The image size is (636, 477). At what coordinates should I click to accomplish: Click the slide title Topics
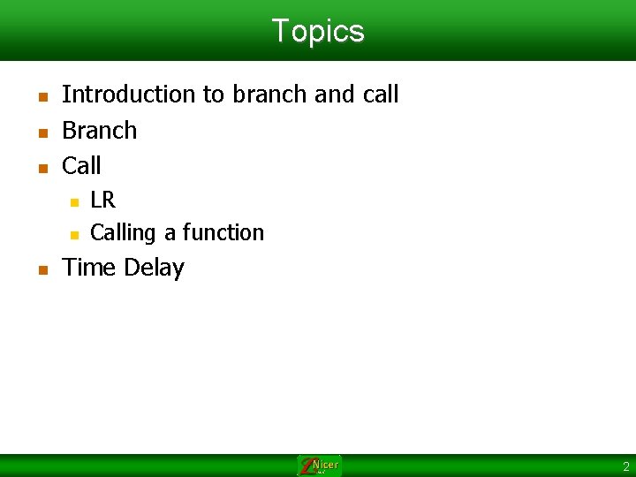click(318, 31)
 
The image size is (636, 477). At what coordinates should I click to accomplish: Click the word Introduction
click(129, 95)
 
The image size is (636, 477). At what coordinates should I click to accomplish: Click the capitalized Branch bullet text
click(99, 130)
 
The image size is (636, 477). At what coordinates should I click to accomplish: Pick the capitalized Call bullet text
click(81, 165)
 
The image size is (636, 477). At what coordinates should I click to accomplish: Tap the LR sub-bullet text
click(103, 200)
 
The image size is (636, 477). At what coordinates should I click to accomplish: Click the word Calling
click(123, 233)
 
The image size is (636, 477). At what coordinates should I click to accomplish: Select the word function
click(223, 232)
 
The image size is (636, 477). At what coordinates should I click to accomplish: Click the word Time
click(88, 268)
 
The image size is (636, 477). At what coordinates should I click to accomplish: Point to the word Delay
click(154, 269)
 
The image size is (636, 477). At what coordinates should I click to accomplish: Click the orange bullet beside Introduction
click(43, 97)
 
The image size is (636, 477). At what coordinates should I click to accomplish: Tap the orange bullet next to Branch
click(43, 133)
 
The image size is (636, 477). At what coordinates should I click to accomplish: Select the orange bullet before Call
click(43, 169)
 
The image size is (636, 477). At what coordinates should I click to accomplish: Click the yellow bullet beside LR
click(74, 202)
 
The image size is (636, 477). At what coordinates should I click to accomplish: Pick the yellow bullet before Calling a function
click(74, 235)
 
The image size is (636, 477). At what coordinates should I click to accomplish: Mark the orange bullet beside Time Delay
click(43, 270)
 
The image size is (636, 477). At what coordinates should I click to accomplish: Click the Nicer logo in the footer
click(319, 466)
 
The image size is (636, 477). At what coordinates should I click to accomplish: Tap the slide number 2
click(626, 466)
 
